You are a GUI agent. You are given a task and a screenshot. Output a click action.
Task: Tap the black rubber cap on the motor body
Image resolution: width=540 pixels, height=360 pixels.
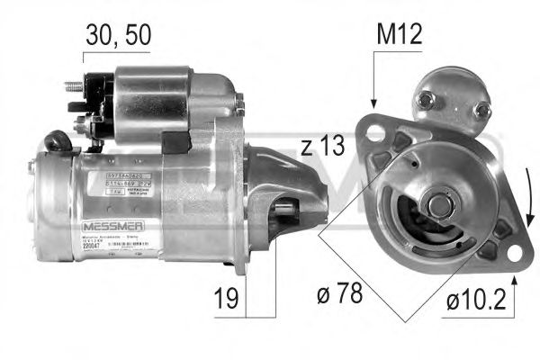pos(58,141)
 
